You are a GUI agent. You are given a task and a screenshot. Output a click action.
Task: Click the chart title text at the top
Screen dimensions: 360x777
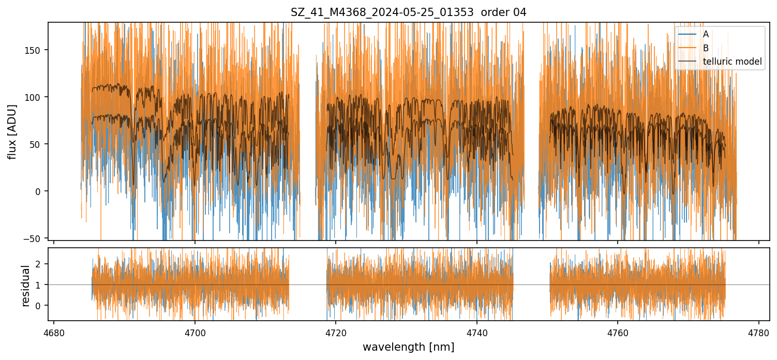[408, 12]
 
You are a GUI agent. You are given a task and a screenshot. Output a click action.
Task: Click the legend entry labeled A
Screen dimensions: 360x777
[706, 34]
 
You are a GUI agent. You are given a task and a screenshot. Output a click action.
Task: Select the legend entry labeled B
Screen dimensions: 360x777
[706, 48]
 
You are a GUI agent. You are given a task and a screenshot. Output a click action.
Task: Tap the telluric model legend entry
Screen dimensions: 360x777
[732, 62]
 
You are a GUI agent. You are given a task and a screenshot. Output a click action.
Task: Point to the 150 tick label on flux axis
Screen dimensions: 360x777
[36, 50]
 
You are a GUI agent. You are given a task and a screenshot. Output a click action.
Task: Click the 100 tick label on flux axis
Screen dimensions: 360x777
[36, 97]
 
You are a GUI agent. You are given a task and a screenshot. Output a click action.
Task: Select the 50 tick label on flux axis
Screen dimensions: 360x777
[38, 144]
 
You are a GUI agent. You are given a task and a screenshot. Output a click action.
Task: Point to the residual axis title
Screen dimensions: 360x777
[25, 286]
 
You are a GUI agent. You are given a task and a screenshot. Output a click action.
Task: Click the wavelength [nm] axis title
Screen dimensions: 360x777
[408, 347]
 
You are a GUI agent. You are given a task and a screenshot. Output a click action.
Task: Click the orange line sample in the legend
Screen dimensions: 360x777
[686, 48]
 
